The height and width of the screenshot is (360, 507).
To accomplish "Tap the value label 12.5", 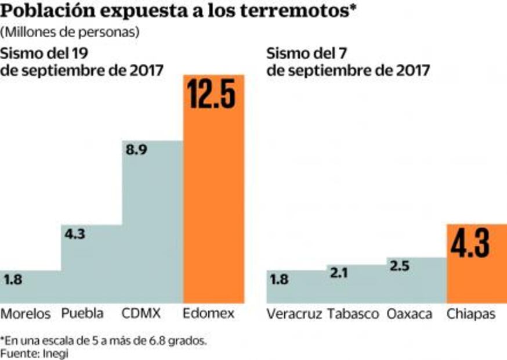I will tap(212, 94).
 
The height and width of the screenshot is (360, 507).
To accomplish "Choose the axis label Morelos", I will tap(26, 314).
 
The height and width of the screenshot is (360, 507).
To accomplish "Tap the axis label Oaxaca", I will tap(410, 314).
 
